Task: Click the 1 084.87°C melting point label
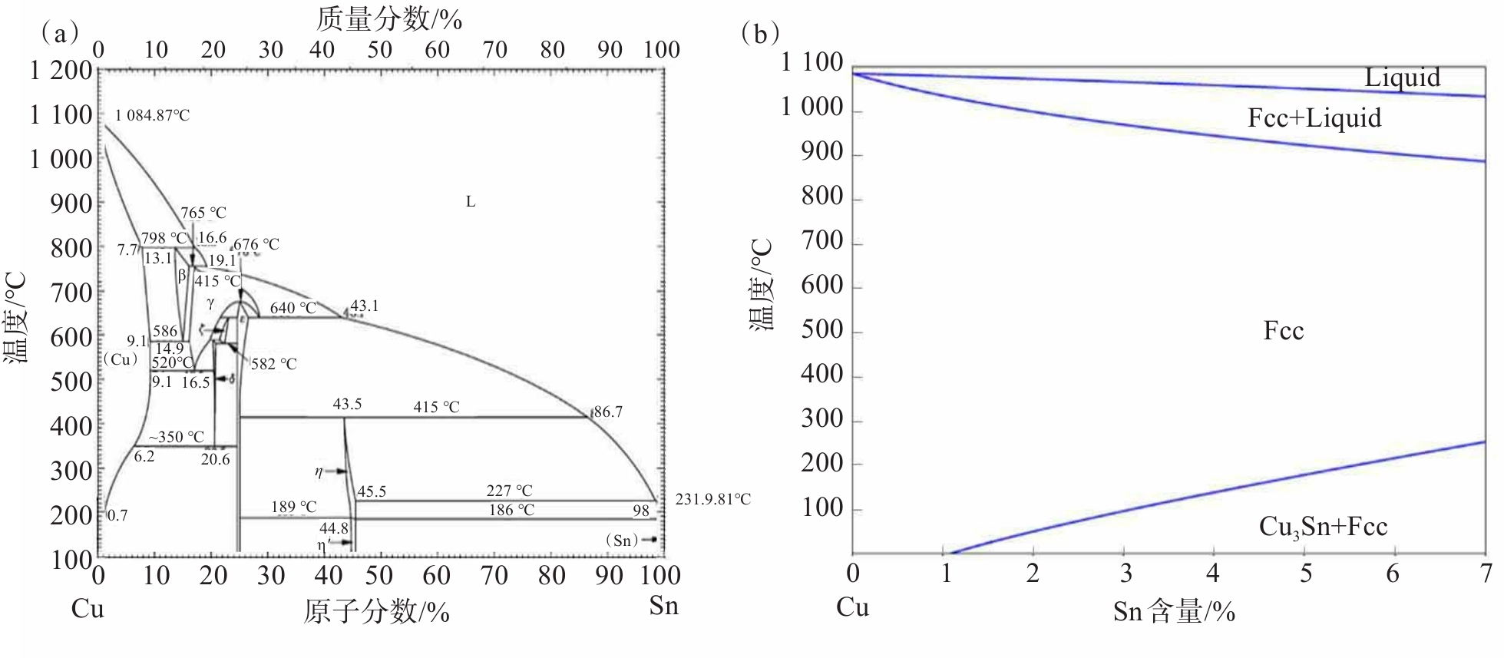click(x=152, y=116)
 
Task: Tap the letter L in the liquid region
click(x=471, y=202)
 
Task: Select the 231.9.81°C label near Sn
click(x=712, y=500)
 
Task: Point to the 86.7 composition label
click(x=608, y=412)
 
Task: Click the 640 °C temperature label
click(x=293, y=309)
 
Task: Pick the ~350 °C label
click(x=177, y=437)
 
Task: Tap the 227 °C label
click(x=509, y=491)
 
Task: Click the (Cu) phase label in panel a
click(x=121, y=359)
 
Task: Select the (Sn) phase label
click(x=622, y=541)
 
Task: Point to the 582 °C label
click(x=273, y=364)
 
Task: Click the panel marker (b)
click(x=760, y=34)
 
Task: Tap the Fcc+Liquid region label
click(x=1314, y=117)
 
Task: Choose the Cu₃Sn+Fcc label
click(x=1323, y=527)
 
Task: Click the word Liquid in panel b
click(x=1402, y=78)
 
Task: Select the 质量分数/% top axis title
click(x=388, y=19)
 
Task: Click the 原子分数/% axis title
click(x=376, y=612)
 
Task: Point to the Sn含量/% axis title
click(x=1174, y=612)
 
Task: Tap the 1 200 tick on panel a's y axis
click(x=61, y=71)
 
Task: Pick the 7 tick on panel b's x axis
click(x=1486, y=574)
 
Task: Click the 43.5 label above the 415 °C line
click(x=347, y=405)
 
